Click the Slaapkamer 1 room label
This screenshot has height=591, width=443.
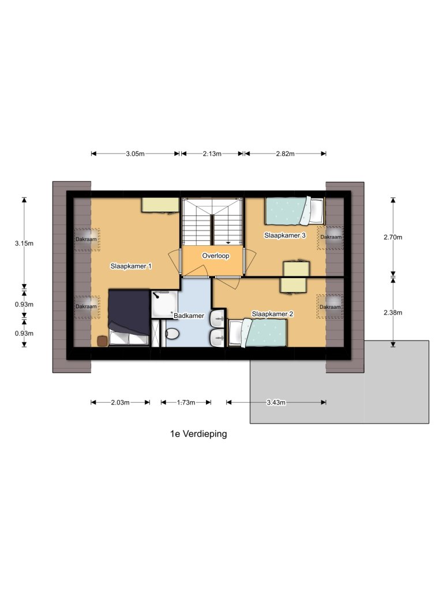(x=131, y=266)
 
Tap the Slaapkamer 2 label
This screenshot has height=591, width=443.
(x=272, y=314)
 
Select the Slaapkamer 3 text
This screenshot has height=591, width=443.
(x=285, y=235)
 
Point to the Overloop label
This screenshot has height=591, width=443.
(x=216, y=256)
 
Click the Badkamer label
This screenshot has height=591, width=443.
(x=189, y=316)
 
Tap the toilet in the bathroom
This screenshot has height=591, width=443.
(x=172, y=333)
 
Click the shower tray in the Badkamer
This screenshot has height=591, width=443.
(x=164, y=304)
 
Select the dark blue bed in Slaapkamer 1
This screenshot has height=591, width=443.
(x=129, y=317)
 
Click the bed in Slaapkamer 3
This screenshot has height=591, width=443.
(x=295, y=211)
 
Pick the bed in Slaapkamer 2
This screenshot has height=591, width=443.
(x=257, y=333)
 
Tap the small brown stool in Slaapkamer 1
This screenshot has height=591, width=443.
(x=102, y=341)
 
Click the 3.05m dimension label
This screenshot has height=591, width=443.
(x=135, y=154)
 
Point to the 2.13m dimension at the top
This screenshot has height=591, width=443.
(x=212, y=154)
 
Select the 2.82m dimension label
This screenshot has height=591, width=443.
(x=285, y=154)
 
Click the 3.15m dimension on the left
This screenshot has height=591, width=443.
(x=24, y=244)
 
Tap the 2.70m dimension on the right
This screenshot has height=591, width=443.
(x=393, y=237)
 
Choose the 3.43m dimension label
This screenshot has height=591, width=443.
(x=276, y=402)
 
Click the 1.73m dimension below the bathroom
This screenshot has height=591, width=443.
(x=186, y=402)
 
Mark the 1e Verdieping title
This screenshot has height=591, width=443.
(x=198, y=434)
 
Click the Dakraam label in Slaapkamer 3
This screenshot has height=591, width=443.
(x=331, y=237)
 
